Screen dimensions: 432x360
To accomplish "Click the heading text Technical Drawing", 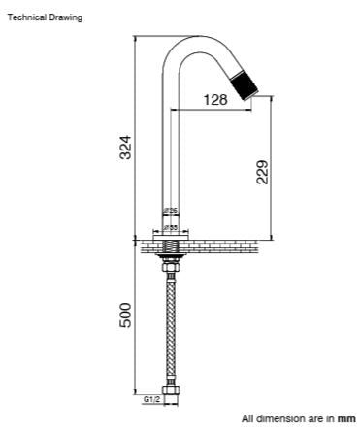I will tap(46, 17).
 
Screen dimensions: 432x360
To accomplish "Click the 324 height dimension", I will tap(125, 149).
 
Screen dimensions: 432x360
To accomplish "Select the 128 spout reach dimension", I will tap(216, 99).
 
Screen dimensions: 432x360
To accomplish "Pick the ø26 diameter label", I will tap(170, 211).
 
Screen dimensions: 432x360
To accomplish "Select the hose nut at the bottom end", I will tap(171, 396).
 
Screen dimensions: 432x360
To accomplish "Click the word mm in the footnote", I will tap(346, 417).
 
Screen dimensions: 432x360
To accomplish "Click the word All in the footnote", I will tap(247, 417).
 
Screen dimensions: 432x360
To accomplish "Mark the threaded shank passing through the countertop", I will tap(171, 249).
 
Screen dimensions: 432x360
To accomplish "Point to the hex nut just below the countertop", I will tap(171, 263).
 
